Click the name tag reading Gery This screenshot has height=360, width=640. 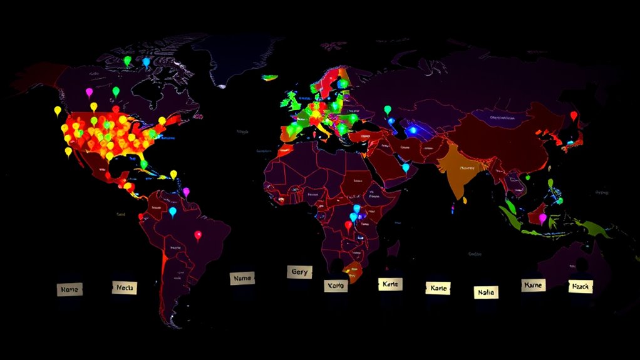coord(299,272)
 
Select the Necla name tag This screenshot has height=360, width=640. coord(126,287)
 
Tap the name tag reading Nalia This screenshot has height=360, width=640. coord(485,291)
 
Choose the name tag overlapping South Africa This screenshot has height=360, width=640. coord(335,285)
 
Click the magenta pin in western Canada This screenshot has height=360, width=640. coord(88,93)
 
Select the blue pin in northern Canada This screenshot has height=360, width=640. coord(146,62)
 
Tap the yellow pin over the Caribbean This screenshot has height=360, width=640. coord(173,175)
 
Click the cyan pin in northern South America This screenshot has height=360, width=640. coord(172,212)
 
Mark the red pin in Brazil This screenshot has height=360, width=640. coord(199,235)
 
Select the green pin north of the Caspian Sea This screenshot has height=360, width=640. coord(387,110)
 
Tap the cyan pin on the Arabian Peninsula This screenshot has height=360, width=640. coord(406,167)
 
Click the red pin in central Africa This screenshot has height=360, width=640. coord(348,225)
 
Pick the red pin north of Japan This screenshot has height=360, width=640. coord(573,116)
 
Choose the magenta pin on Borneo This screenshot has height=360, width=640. coord(542,218)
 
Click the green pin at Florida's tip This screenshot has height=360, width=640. coord(143,164)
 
